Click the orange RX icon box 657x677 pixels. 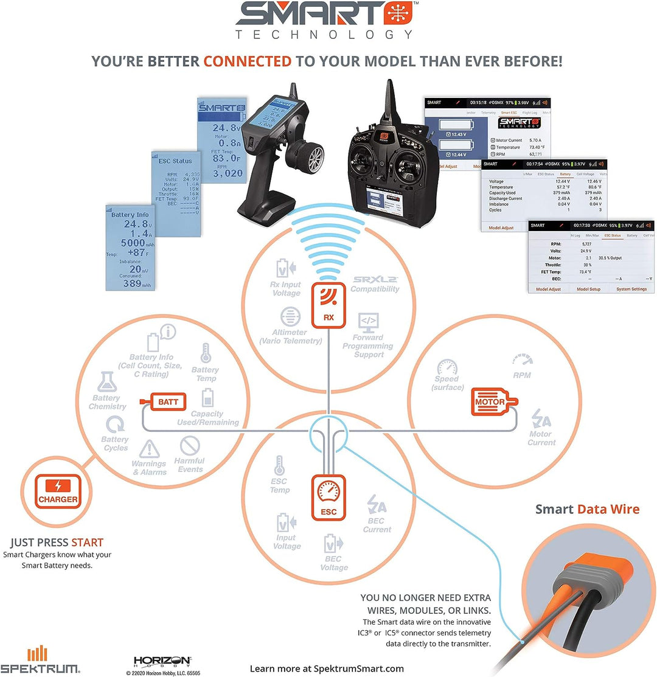pyautogui.click(x=328, y=304)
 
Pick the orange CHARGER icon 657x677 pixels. pyautogui.click(x=58, y=491)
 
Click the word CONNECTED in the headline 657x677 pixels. pyautogui.click(x=247, y=61)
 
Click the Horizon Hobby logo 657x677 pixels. pyautogui.click(x=162, y=661)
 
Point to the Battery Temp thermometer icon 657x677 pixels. pyautogui.click(x=206, y=352)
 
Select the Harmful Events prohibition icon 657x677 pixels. pyautogui.click(x=190, y=445)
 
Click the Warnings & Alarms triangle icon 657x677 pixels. pyautogui.click(x=148, y=450)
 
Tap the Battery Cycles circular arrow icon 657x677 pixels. pyautogui.click(x=114, y=425)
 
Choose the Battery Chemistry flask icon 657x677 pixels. pyautogui.click(x=107, y=382)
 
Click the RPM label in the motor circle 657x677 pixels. pyautogui.click(x=521, y=375)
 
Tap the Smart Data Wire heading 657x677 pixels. pyautogui.click(x=587, y=509)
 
